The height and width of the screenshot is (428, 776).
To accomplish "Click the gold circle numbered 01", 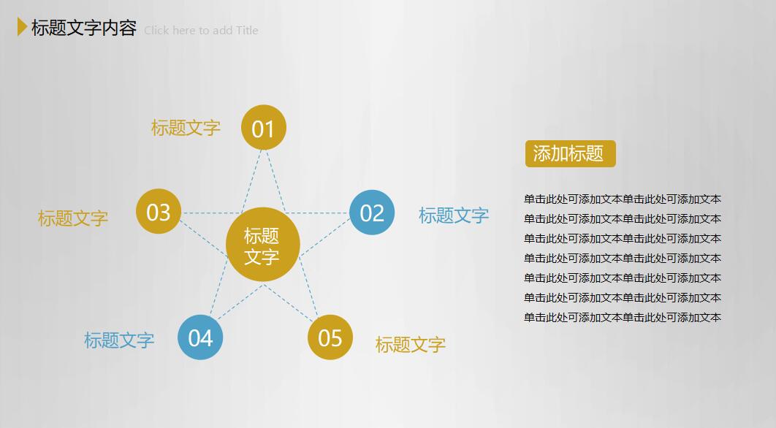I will tap(263, 128).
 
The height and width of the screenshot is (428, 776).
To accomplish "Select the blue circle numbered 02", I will tap(372, 213).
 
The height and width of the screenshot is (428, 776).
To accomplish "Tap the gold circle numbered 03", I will tap(158, 212).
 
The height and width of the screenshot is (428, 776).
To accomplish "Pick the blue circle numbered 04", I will tap(200, 337).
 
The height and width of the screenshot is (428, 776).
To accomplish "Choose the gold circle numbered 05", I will tap(330, 337).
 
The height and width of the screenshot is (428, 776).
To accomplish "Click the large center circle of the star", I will tap(262, 246).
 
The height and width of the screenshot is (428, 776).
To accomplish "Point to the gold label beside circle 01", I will tap(186, 128).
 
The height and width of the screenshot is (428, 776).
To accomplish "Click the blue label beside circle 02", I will tap(454, 215).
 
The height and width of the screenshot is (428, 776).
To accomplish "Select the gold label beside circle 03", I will tap(73, 218).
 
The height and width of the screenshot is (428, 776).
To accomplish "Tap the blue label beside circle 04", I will tap(119, 340).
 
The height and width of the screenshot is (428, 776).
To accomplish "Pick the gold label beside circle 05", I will tap(411, 345).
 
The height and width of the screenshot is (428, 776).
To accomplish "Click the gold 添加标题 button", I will tap(570, 154).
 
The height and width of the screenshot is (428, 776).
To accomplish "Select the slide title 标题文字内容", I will tap(84, 28).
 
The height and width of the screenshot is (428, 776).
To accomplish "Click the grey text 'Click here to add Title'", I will tap(201, 31).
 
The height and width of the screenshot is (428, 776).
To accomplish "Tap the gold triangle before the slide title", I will tap(22, 27).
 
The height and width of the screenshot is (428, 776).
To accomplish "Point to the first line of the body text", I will tap(623, 199).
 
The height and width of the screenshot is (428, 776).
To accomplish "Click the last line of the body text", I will tap(623, 318).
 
